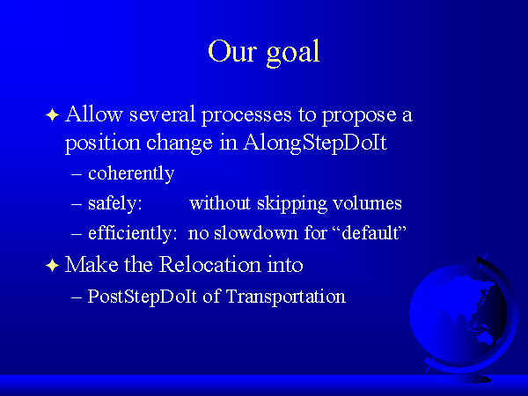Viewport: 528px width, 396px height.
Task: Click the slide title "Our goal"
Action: coord(264,53)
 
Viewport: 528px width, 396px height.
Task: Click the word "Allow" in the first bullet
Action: coord(93,114)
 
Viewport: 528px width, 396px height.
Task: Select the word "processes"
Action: coord(246,117)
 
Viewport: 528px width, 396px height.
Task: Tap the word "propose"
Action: coord(359,117)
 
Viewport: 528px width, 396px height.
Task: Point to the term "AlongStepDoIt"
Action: coord(315,143)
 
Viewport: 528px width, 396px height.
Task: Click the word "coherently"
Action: coord(131,173)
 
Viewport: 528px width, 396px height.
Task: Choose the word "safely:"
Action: coord(114,203)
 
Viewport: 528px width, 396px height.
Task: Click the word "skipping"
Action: coord(292,203)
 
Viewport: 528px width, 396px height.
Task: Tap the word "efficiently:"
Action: coord(132,233)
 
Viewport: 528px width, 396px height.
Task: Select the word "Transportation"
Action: coord(286,297)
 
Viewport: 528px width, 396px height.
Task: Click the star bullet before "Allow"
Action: coord(52,115)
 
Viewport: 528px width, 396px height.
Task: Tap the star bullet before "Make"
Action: coord(52,266)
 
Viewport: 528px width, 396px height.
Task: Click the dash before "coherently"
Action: coord(77,175)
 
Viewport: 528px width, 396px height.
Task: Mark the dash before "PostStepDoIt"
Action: coord(77,298)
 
